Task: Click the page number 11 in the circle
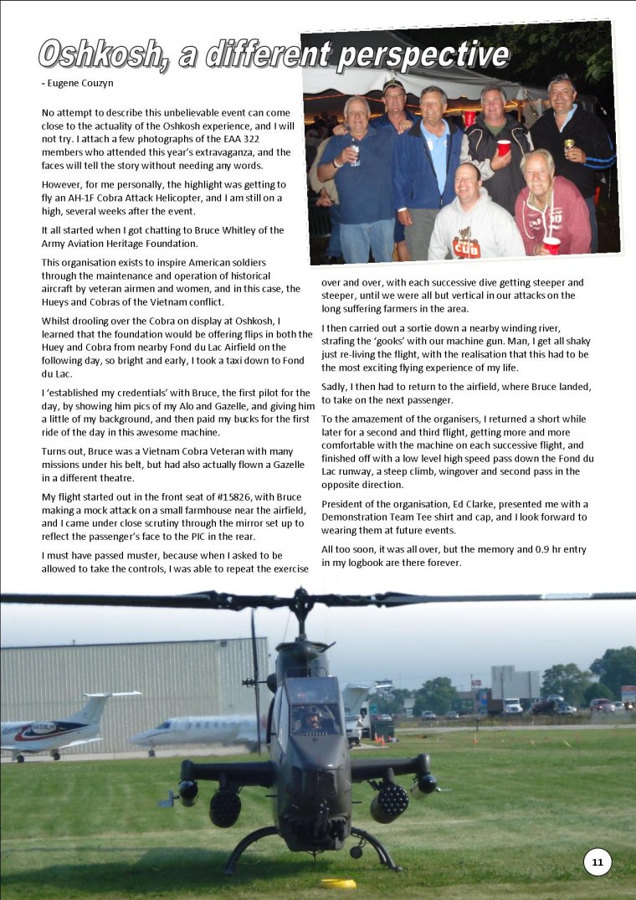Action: coord(598,861)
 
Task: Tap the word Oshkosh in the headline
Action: coord(99,54)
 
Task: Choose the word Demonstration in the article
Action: coord(361,517)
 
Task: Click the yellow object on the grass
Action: coord(338,882)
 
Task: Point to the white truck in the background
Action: coord(512,706)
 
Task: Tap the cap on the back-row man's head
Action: coord(394,85)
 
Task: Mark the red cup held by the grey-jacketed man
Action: coord(503,148)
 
